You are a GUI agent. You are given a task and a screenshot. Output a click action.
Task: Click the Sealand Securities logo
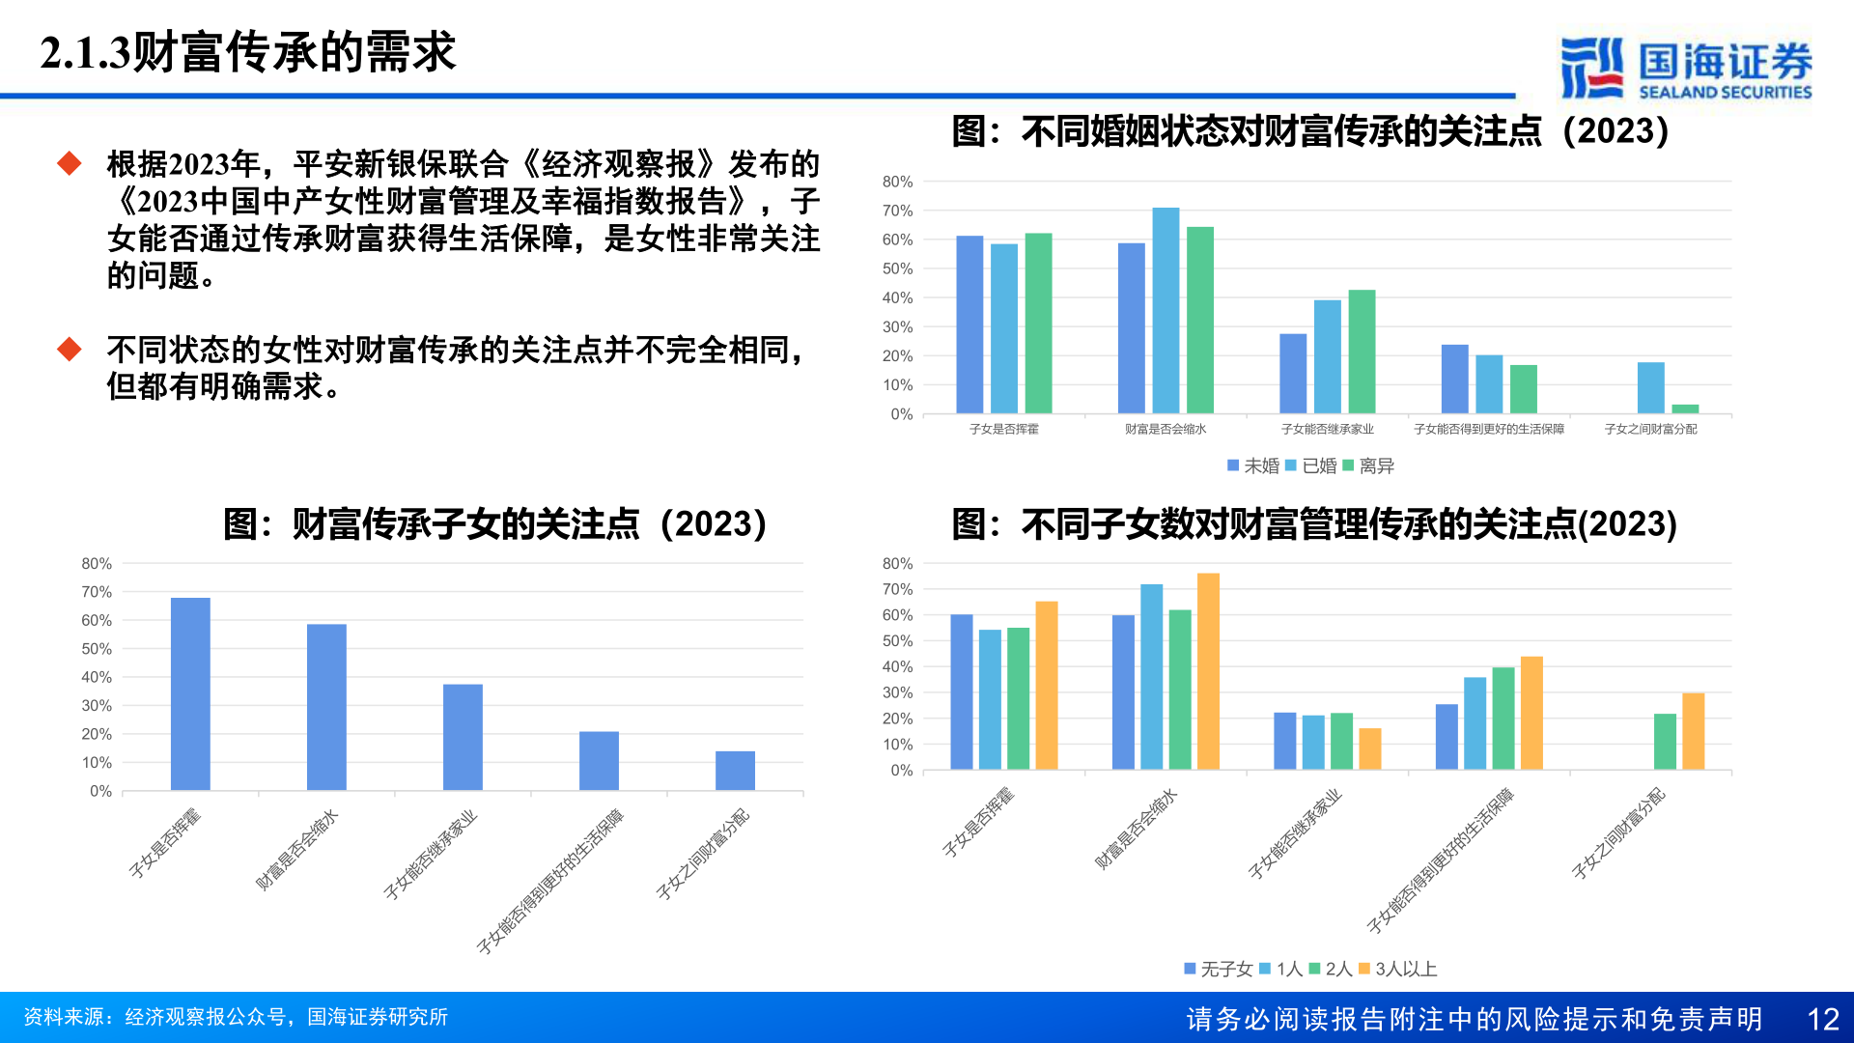pyautogui.click(x=1686, y=68)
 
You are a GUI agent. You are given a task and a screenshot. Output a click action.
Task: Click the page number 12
pyautogui.click(x=1823, y=1019)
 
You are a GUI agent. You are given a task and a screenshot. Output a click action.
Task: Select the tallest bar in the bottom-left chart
pyautogui.click(x=190, y=694)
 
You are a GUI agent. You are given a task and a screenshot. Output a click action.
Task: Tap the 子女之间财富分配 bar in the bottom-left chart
pyautogui.click(x=735, y=771)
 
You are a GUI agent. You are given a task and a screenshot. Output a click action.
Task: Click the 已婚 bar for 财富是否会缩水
pyautogui.click(x=1166, y=311)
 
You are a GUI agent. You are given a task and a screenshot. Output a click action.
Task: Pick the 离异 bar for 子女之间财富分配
pyautogui.click(x=1685, y=409)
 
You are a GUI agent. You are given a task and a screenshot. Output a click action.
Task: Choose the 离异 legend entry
pyautogui.click(x=1368, y=466)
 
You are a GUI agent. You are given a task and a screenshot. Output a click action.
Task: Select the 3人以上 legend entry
pyautogui.click(x=1397, y=969)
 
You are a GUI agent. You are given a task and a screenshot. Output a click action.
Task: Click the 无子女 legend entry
pyautogui.click(x=1219, y=969)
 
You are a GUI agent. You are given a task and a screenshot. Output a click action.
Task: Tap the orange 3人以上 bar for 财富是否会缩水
pyautogui.click(x=1208, y=671)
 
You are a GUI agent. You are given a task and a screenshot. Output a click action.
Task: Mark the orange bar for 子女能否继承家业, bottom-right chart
pyautogui.click(x=1370, y=749)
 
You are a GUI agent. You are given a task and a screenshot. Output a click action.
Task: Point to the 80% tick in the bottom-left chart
pyautogui.click(x=97, y=564)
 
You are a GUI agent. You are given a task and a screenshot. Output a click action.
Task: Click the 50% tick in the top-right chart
pyautogui.click(x=897, y=269)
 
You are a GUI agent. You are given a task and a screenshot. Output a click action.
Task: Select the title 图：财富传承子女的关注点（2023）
pyautogui.click(x=495, y=524)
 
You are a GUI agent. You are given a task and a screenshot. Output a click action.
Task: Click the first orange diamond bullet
pyautogui.click(x=70, y=163)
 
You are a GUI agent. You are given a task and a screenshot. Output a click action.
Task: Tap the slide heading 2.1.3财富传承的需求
pyautogui.click(x=247, y=52)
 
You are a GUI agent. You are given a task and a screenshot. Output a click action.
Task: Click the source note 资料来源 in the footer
pyautogui.click(x=236, y=1017)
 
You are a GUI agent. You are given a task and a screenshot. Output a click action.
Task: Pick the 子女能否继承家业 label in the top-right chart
pyautogui.click(x=1327, y=429)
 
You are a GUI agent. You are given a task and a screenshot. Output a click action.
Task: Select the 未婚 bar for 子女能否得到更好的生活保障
pyautogui.click(x=1454, y=380)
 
